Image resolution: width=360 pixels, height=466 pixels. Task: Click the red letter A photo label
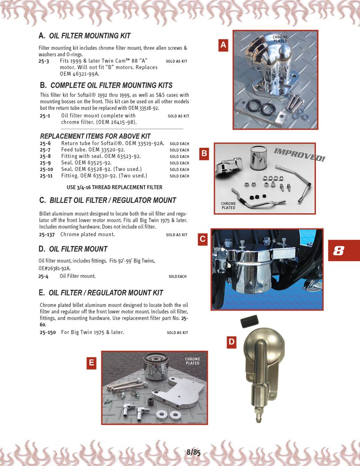(x=223, y=45)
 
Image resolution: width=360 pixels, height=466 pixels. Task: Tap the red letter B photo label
(x=204, y=154)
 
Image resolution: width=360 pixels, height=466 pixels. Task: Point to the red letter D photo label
(x=232, y=342)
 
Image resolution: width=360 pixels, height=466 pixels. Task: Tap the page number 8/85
(x=193, y=452)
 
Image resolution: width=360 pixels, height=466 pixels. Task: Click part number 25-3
(x=44, y=61)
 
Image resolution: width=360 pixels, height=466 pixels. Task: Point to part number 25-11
(x=47, y=176)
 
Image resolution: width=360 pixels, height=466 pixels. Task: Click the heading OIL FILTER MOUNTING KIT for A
(x=90, y=36)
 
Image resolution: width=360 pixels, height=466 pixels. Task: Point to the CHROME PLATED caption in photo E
(x=192, y=361)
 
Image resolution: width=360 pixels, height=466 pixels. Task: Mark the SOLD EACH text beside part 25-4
(x=178, y=276)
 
